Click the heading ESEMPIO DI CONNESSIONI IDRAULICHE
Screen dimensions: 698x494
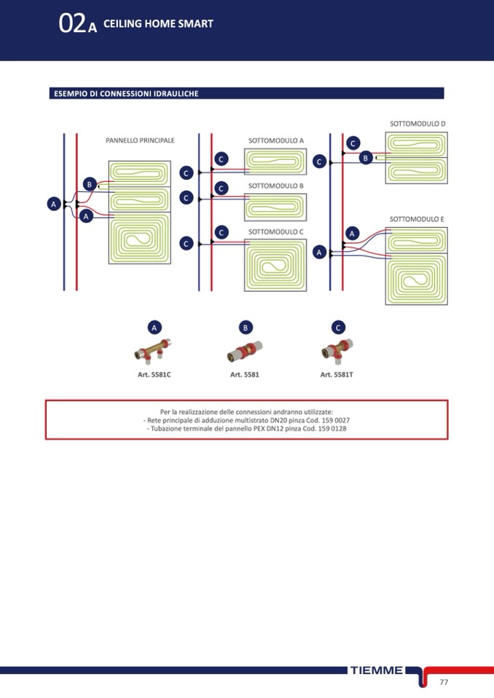126,94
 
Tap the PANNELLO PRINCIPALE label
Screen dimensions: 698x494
140,140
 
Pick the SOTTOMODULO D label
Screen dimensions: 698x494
417,124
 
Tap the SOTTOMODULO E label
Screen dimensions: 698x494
417,218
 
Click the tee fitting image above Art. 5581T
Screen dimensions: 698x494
337,351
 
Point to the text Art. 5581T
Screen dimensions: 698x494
337,375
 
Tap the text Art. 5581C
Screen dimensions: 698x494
154,375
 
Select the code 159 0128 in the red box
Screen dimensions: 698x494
332,429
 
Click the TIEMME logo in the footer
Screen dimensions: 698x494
376,670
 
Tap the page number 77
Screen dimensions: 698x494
444,682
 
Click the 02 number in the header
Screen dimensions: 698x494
72,24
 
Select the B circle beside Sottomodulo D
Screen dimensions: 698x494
366,157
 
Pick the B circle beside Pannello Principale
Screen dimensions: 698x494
89,184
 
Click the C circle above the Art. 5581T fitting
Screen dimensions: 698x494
338,328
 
